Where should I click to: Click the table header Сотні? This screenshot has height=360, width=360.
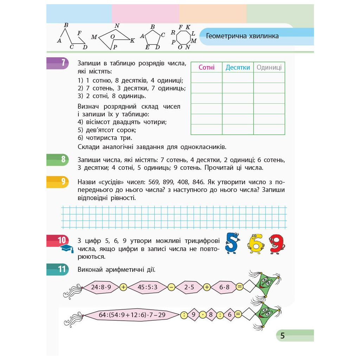(206, 67)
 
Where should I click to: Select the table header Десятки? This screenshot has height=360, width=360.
(238, 67)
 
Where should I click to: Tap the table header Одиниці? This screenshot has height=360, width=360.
(269, 67)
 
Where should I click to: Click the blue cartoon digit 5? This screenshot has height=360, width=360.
(232, 243)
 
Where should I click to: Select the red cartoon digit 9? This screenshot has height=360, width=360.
(277, 243)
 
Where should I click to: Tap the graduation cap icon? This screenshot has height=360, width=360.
(67, 249)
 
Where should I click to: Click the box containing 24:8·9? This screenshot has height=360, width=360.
(101, 287)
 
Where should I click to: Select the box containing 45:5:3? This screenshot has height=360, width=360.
(148, 287)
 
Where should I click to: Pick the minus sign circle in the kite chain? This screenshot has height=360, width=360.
(171, 287)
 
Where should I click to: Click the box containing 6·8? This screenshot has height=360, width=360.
(224, 287)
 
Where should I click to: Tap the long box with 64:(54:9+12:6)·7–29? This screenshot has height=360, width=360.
(132, 315)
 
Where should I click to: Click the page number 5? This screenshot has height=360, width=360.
(282, 336)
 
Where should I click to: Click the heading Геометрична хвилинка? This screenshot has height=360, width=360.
(242, 36)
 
